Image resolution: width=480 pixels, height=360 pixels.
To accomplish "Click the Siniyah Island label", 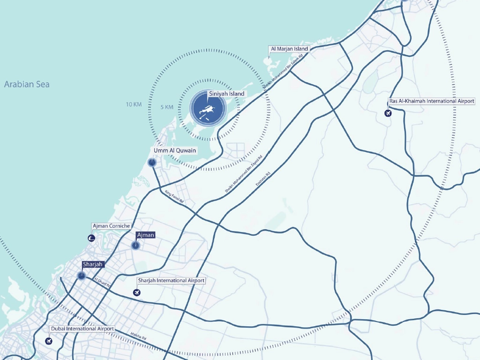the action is coord(226,94).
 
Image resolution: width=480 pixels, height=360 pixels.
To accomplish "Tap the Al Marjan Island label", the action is coord(289,49).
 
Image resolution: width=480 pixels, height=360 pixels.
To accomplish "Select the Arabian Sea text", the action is coord(27,85).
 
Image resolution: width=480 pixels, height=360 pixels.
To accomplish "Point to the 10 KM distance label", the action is coord(134,104).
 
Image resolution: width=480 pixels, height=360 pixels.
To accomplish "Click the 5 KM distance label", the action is coord(167,107).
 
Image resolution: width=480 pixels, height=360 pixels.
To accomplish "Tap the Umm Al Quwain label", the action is coord(175,150).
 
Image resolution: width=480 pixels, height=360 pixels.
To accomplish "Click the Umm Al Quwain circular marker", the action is coord(152,163).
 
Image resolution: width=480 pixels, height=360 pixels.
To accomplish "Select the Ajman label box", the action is coord(145,235).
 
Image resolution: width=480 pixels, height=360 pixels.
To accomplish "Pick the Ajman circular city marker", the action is coord(135,245).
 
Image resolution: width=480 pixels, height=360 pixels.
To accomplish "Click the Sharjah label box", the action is coord(92,264).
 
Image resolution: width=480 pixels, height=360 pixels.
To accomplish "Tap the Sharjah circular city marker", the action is coord(82,276).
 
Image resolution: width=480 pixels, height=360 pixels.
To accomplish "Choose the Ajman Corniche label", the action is coord(111,226).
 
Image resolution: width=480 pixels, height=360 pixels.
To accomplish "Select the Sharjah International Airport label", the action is coord(171,280).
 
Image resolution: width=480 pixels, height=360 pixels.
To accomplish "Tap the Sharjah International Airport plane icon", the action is coord(137,292).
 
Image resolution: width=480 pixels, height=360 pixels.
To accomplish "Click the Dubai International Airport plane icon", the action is coord(49,341).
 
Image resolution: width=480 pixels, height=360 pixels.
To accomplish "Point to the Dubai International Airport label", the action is coord(82,329).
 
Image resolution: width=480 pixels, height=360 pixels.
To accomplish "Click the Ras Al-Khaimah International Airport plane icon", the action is coord(388,113).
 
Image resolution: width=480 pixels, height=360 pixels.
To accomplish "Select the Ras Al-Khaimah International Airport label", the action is coord(432,101).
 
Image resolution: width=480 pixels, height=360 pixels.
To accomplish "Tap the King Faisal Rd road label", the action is coord(174,196).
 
